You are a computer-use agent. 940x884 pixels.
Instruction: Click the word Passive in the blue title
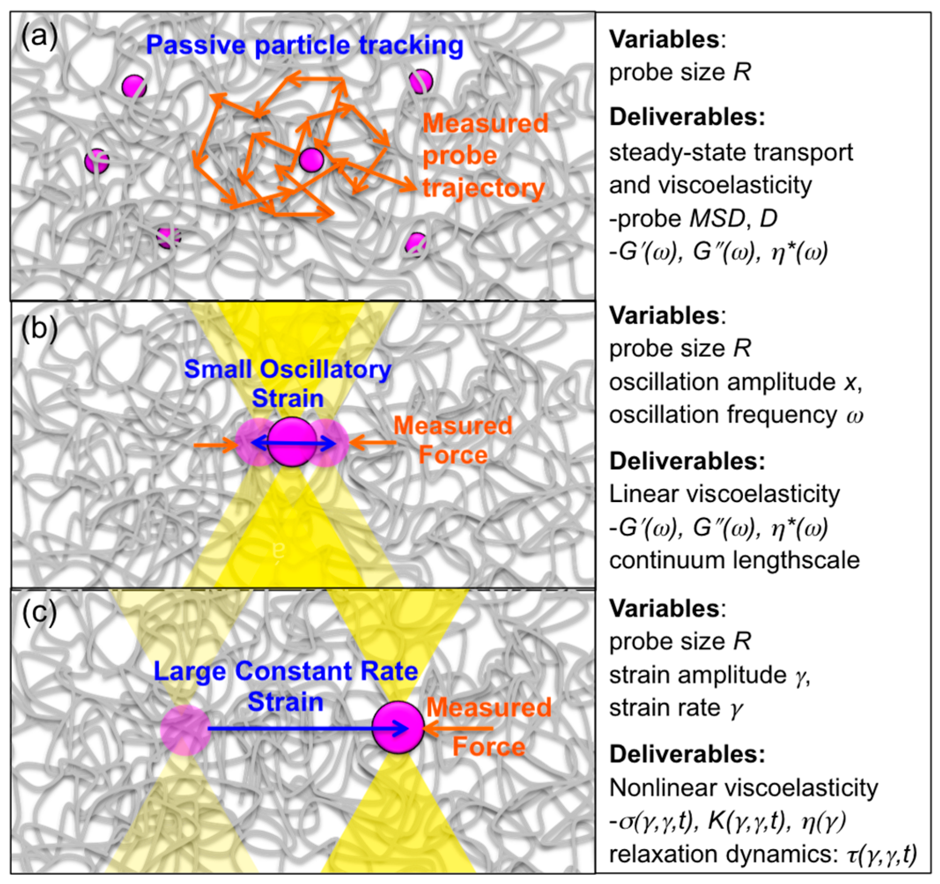pos(197,46)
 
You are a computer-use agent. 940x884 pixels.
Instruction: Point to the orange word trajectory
pos(483,187)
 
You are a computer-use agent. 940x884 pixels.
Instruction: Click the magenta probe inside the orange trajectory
pos(311,159)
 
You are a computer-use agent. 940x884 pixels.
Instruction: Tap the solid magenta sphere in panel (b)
pos(292,442)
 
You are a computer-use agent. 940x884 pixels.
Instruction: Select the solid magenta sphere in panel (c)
pos(398,728)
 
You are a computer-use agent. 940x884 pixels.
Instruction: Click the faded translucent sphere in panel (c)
pos(185,730)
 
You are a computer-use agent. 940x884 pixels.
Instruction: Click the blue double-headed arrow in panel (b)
pos(293,443)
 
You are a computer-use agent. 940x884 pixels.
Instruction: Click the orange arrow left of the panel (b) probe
pos(215,444)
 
